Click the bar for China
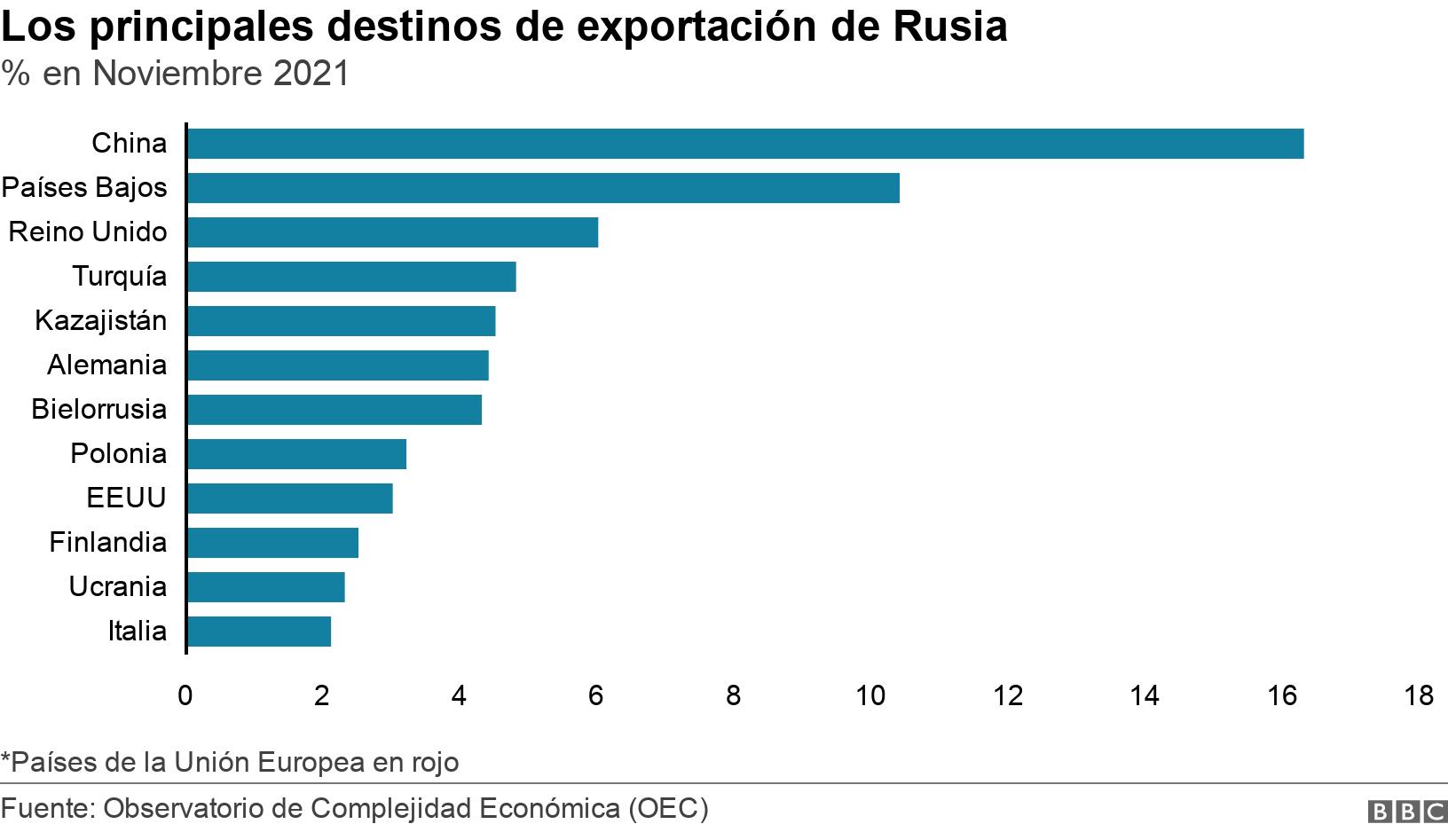pyautogui.click(x=745, y=144)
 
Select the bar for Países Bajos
pyautogui.click(x=543, y=188)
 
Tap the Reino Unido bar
pyautogui.click(x=392, y=232)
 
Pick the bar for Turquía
pyautogui.click(x=351, y=277)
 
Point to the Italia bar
pyautogui.click(x=259, y=632)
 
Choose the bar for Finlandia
pyautogui.click(x=272, y=543)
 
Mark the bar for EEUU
pyautogui.click(x=290, y=498)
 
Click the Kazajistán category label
pyautogui.click(x=100, y=320)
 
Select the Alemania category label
pyautogui.click(x=106, y=365)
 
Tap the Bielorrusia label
pyautogui.click(x=98, y=409)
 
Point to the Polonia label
pyautogui.click(x=118, y=453)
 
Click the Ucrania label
pyautogui.click(x=117, y=586)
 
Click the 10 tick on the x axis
pyautogui.click(x=870, y=695)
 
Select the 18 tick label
pyautogui.click(x=1419, y=695)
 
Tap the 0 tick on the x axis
pyautogui.click(x=185, y=695)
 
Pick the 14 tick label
pyautogui.click(x=1145, y=695)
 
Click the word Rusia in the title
pyautogui.click(x=949, y=27)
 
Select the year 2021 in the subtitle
pyautogui.click(x=311, y=74)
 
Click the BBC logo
pyautogui.click(x=1406, y=811)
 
